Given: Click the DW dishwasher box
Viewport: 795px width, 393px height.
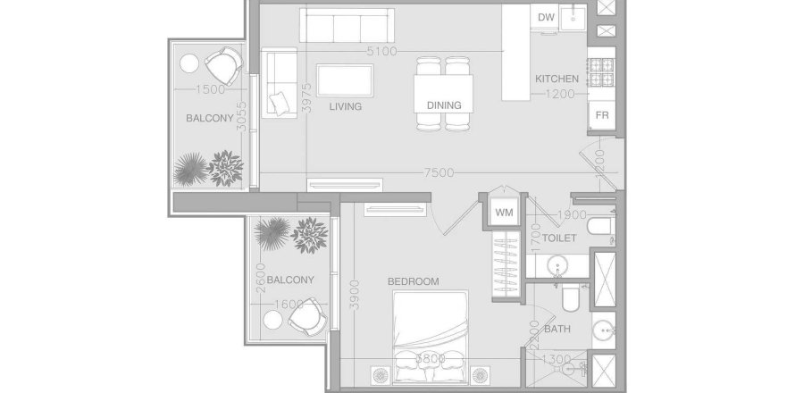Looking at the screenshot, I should tap(546, 18).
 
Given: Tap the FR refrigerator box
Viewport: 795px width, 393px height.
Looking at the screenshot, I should tap(602, 116).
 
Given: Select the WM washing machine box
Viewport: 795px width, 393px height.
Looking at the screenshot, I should tap(503, 213).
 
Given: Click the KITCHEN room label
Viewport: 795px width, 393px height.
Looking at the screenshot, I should tap(556, 79).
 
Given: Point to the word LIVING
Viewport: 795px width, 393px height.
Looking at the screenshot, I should tap(345, 106).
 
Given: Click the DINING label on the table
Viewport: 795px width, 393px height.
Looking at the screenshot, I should tap(444, 105).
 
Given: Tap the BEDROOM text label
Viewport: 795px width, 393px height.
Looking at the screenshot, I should tap(413, 281).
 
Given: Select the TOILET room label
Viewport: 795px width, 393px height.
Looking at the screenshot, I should tap(558, 238).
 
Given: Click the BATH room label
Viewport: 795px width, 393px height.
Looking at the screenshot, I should tap(557, 329).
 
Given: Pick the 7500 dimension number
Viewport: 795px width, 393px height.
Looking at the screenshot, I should tap(439, 173).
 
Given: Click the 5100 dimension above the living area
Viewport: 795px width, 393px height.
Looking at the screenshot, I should tap(381, 51).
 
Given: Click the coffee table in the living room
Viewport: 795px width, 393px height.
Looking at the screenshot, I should tap(347, 80).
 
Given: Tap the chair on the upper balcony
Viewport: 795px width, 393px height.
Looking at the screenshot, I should tap(222, 65).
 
